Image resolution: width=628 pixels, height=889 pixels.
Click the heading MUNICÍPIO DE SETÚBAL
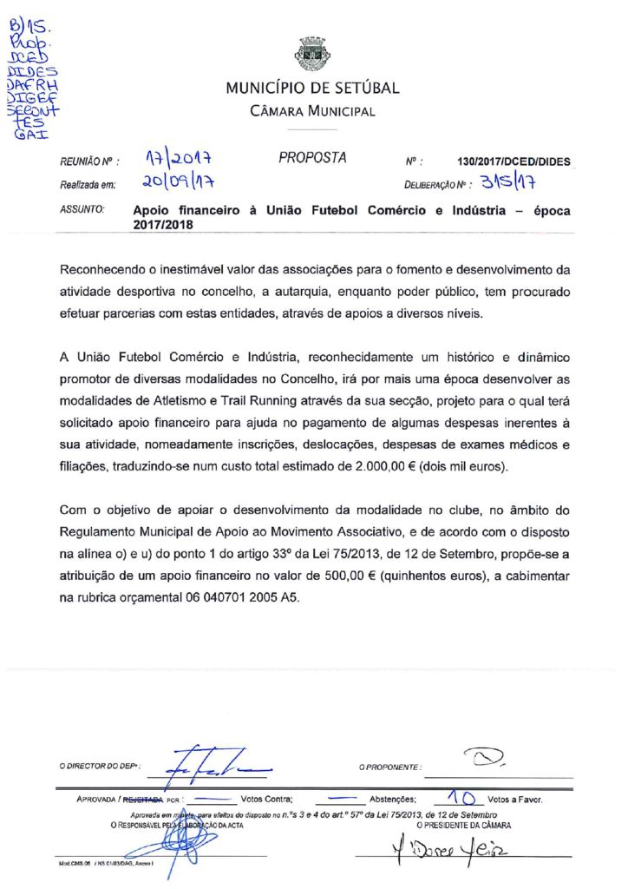coord(312,89)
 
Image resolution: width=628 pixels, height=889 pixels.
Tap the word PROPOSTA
coord(312,158)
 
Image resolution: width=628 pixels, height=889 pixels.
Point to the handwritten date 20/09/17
coord(178,183)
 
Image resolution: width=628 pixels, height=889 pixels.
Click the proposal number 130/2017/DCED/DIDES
coord(514,161)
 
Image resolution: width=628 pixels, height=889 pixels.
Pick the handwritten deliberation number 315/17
coord(509,182)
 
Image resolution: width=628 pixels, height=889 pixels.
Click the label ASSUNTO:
coord(82,210)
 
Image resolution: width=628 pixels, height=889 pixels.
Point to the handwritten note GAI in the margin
coord(32,135)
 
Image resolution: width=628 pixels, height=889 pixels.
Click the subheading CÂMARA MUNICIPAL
coord(312,112)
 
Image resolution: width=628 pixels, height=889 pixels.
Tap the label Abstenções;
coord(395,798)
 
